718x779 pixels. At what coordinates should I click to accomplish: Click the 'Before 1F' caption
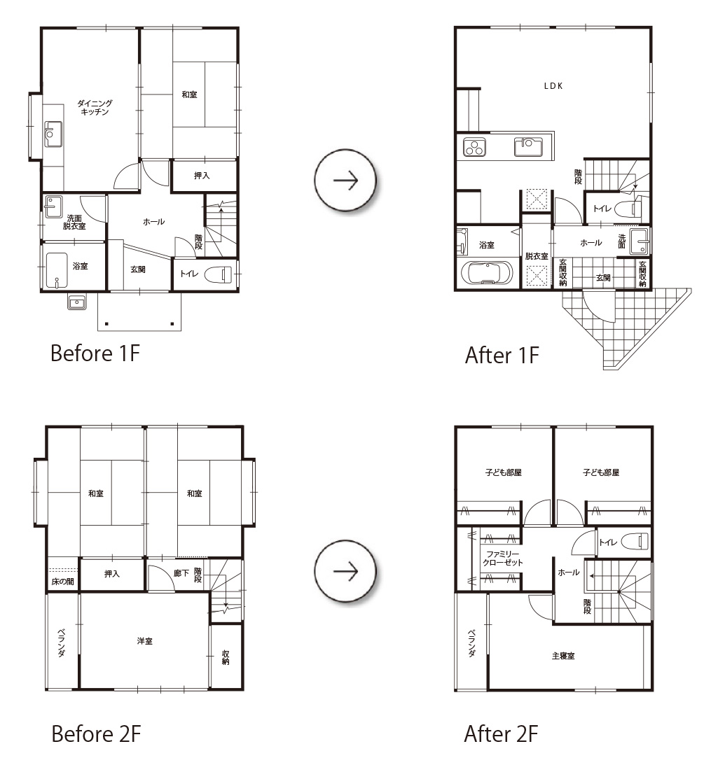(95, 353)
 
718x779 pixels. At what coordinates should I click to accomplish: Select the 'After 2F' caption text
(501, 734)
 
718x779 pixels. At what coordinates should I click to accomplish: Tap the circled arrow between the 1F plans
(345, 181)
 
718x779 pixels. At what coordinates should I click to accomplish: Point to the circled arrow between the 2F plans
(345, 572)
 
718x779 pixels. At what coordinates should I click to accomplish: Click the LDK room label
(553, 86)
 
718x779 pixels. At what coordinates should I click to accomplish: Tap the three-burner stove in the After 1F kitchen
(474, 148)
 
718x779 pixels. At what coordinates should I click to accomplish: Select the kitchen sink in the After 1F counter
(528, 147)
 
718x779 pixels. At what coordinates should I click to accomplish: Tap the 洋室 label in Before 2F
(145, 641)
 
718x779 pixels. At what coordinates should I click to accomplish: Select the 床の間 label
(62, 582)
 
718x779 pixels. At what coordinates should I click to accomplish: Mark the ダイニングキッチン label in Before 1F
(95, 107)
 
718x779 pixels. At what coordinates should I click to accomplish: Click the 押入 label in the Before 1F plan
(202, 176)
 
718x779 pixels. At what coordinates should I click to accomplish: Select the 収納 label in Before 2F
(226, 657)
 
